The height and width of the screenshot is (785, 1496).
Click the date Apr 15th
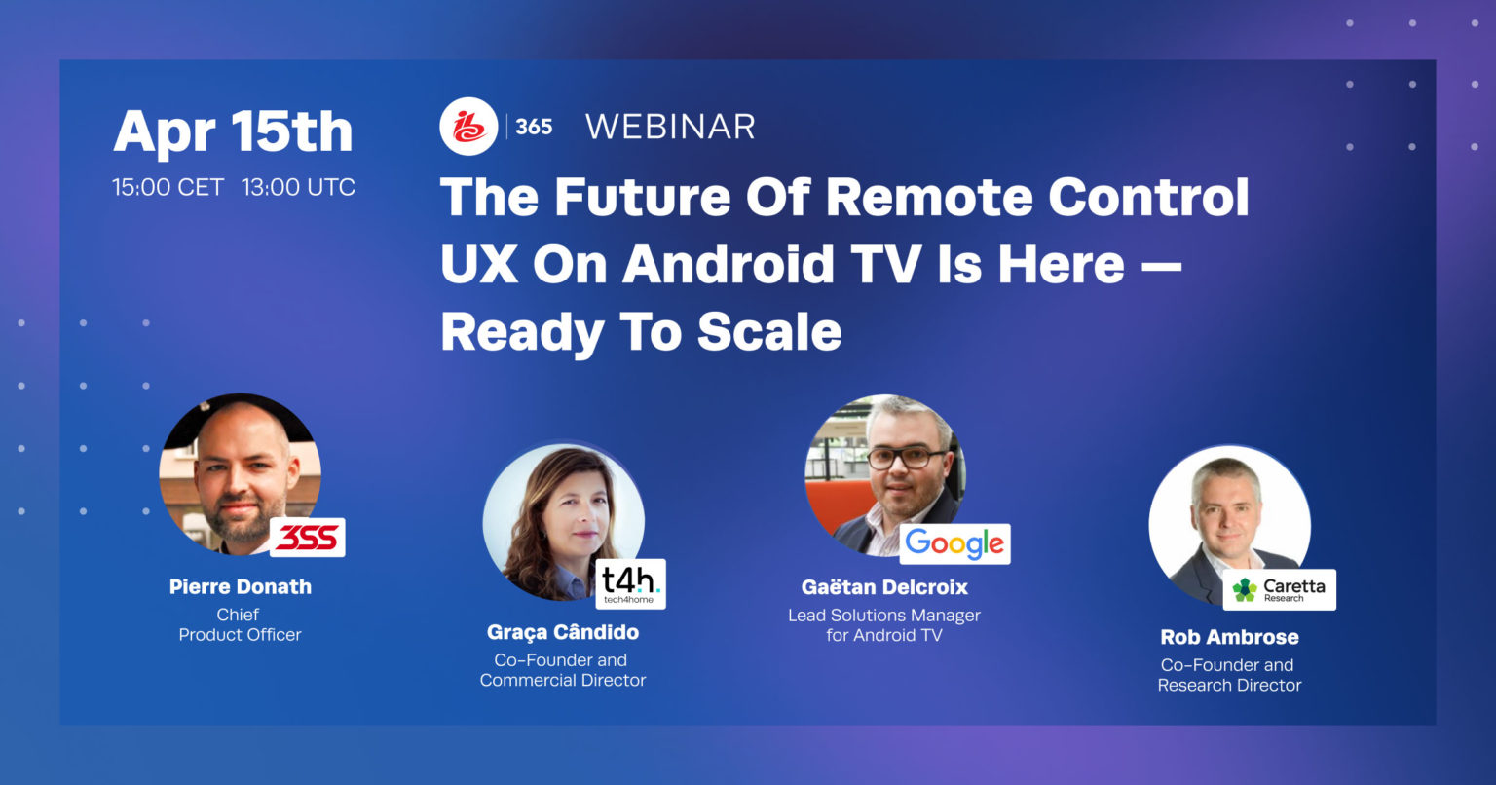(x=233, y=131)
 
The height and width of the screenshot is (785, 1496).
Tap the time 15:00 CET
(x=168, y=187)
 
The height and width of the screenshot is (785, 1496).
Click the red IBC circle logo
(x=468, y=127)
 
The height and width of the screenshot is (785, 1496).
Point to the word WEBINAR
(x=670, y=127)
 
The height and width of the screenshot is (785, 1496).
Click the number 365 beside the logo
(x=533, y=127)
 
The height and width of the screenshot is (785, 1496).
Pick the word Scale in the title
(x=768, y=332)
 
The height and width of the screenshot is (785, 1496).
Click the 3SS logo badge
(x=307, y=538)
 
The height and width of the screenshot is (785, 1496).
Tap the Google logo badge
(x=954, y=544)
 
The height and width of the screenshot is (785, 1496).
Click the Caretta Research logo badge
(x=1279, y=589)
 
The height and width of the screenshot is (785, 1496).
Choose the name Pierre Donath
(x=241, y=586)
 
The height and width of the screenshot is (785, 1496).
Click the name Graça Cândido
(x=563, y=632)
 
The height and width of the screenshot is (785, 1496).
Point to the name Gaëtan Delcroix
(x=884, y=587)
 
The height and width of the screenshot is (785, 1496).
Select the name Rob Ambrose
(x=1229, y=637)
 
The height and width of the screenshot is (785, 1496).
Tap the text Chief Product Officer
(x=240, y=624)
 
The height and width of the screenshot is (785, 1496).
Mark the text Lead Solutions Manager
(x=884, y=616)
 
